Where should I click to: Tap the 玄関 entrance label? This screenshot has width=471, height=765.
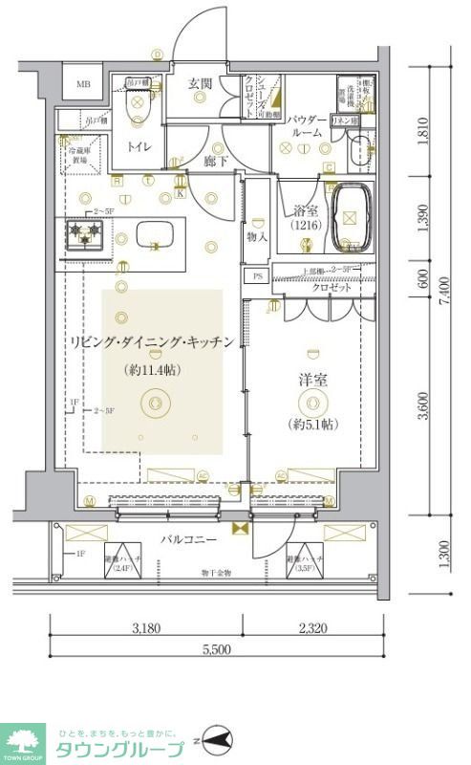[x=200, y=83]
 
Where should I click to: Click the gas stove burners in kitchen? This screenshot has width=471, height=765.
[x=87, y=232]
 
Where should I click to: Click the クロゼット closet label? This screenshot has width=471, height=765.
[x=330, y=287]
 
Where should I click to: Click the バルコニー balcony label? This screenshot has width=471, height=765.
[x=186, y=539]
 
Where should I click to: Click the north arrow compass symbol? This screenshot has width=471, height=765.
[x=217, y=739]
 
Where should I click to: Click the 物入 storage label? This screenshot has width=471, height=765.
[x=257, y=234]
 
